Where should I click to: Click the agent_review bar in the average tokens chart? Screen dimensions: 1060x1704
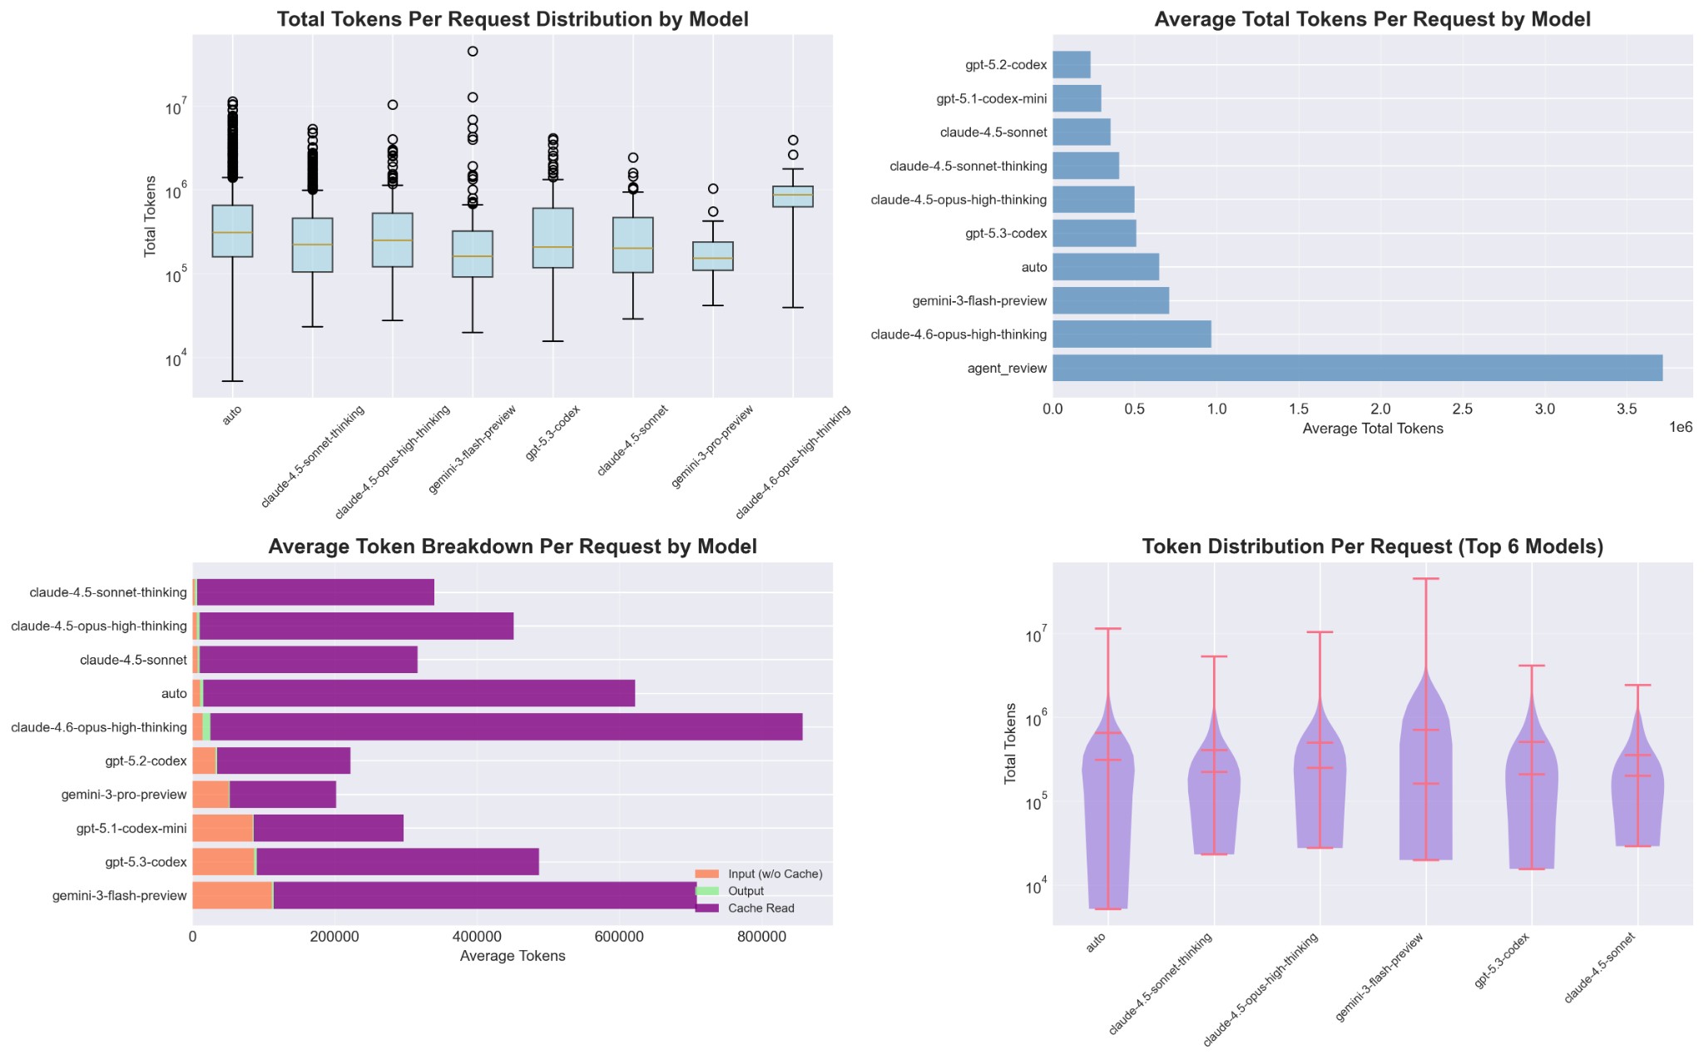click(x=1356, y=368)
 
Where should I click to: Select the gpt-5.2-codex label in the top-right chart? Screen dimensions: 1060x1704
click(x=1005, y=65)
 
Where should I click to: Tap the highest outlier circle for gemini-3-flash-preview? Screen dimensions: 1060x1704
click(x=473, y=52)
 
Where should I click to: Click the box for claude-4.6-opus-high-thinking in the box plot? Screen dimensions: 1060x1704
click(x=793, y=196)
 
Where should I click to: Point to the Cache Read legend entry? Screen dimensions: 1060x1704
click(x=760, y=909)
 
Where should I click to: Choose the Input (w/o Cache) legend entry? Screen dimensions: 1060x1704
click(x=774, y=874)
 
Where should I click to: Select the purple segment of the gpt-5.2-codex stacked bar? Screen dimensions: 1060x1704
click(x=283, y=760)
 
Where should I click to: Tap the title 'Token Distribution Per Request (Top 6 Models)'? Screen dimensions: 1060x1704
click(x=1372, y=547)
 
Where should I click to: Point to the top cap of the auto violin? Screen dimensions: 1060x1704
click(x=1107, y=629)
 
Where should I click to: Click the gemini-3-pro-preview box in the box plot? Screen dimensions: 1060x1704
click(x=713, y=256)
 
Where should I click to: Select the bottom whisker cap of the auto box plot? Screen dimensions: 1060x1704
click(x=232, y=381)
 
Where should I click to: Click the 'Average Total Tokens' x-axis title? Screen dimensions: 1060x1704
click(x=1372, y=429)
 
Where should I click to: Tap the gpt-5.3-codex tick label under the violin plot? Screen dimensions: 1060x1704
click(x=1502, y=962)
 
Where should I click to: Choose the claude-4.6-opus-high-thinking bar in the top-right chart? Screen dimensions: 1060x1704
click(x=1132, y=334)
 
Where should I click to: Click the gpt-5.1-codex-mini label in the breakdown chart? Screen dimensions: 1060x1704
click(x=131, y=829)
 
